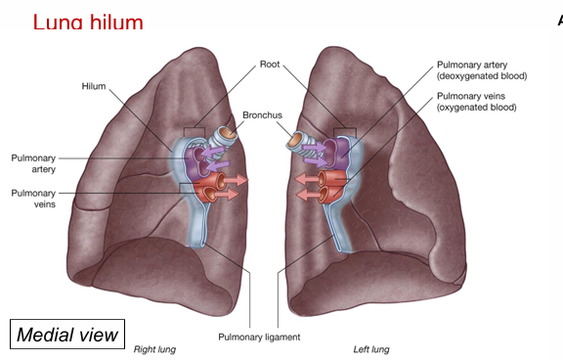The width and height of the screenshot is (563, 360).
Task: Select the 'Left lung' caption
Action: (371, 349)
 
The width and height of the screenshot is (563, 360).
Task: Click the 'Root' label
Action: (271, 66)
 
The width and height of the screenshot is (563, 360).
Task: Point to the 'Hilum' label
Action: (94, 86)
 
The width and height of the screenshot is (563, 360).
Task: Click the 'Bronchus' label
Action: (264, 115)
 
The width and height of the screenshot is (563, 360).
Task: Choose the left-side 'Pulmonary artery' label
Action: (33, 162)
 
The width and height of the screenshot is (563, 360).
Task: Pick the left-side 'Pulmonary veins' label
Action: (33, 200)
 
